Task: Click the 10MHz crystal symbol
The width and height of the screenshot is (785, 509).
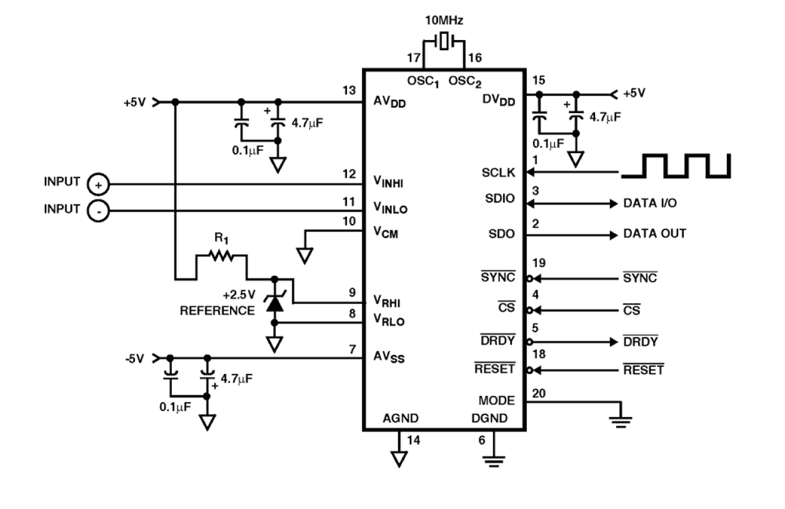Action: pyautogui.click(x=443, y=43)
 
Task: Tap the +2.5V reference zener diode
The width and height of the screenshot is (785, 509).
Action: pyautogui.click(x=274, y=301)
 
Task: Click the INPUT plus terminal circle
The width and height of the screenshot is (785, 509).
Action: pyautogui.click(x=98, y=184)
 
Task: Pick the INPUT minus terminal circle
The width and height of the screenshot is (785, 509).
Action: pyautogui.click(x=98, y=211)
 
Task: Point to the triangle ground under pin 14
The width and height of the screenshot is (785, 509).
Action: pyautogui.click(x=397, y=459)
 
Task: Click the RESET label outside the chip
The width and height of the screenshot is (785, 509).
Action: pyautogui.click(x=643, y=370)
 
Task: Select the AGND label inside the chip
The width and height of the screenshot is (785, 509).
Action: pyautogui.click(x=400, y=418)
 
